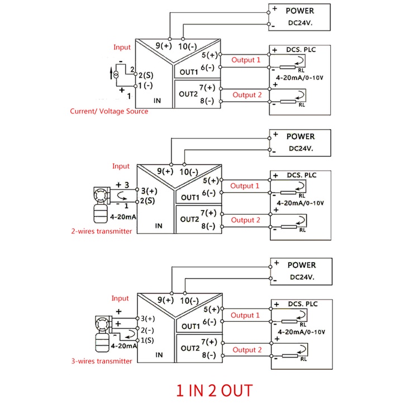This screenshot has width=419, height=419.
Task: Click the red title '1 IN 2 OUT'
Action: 215,390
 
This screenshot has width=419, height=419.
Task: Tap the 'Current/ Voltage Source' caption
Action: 109,111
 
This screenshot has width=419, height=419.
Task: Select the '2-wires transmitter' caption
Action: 101,231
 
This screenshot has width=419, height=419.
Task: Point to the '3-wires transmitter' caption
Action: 101,361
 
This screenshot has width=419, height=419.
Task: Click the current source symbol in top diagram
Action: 115,74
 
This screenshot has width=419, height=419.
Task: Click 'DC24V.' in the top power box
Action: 301,23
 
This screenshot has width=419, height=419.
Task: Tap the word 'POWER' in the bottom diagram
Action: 302,265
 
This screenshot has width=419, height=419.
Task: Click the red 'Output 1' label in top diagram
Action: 246,60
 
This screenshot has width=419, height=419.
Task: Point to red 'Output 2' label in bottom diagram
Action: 247,350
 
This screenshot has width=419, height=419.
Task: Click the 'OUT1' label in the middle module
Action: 189,198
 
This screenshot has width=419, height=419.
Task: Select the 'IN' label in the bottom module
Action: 159,354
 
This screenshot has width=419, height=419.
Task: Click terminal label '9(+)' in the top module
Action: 164,46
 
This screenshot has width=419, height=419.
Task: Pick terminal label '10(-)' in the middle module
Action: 189,172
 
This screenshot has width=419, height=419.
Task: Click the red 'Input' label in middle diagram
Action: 121,166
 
